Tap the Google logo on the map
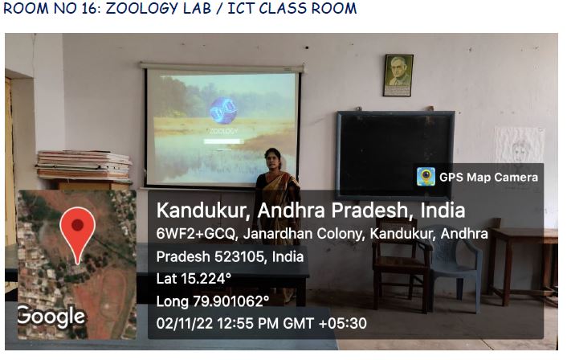coord(51,317)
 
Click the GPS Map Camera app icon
coord(426,177)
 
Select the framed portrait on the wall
coord(398,76)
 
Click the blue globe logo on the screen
coord(223,110)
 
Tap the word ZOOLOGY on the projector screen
coord(224,131)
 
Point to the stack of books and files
coord(84,166)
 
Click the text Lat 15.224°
coord(194,279)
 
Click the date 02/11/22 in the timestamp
coord(185,323)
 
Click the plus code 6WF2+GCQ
coord(196,234)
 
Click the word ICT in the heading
coord(241,8)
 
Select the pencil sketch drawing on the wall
coord(520,145)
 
